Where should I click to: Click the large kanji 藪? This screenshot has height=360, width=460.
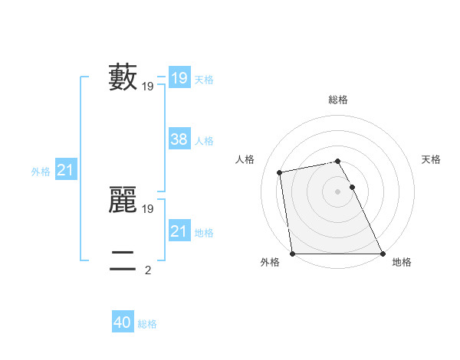click(123, 78)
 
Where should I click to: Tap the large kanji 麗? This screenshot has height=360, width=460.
click(123, 200)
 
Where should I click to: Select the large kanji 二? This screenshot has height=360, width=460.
click(123, 261)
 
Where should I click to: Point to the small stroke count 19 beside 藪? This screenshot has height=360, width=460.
click(148, 87)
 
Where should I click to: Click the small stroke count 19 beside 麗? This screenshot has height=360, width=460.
click(148, 208)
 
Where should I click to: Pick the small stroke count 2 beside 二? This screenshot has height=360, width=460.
click(148, 270)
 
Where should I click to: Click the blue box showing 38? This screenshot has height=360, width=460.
click(179, 139)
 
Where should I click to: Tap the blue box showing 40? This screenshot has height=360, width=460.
click(123, 322)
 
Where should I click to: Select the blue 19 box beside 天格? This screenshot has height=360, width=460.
click(179, 78)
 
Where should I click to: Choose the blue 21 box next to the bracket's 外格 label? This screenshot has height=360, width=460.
click(65, 170)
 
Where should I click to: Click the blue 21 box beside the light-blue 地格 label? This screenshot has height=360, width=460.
click(179, 231)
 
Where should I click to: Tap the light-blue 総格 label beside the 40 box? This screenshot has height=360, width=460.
click(147, 324)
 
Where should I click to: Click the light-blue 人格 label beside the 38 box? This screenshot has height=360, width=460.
click(204, 141)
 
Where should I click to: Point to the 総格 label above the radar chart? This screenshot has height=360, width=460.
click(337, 100)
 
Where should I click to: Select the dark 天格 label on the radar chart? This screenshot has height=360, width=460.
click(431, 159)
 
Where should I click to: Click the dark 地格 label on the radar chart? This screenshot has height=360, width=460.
click(402, 263)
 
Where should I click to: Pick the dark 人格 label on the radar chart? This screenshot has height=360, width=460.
click(245, 159)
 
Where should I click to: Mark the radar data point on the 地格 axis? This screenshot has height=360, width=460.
click(382, 254)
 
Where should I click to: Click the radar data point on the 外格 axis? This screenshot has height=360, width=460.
click(293, 254)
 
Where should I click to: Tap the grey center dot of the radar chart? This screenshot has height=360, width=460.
click(337, 191)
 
